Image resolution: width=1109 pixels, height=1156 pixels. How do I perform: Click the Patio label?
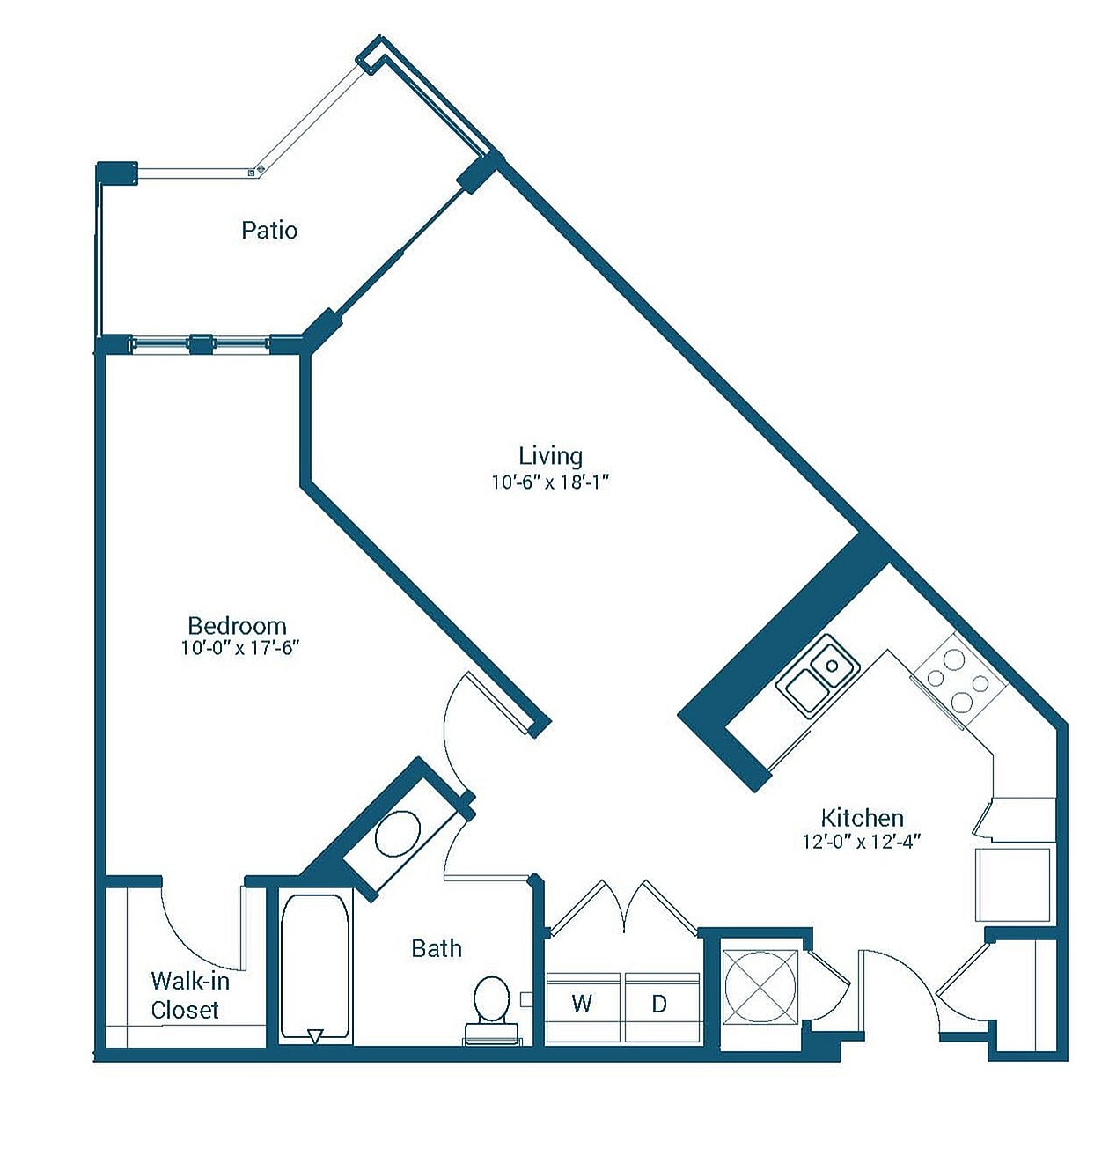coord(269,231)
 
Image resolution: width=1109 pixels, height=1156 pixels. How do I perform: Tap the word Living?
coord(550,455)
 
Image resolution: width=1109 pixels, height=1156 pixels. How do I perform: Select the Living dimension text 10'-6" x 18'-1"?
coord(550,482)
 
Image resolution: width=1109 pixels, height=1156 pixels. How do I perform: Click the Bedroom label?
coord(237,625)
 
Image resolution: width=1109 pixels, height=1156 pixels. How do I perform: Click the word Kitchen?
coord(862,817)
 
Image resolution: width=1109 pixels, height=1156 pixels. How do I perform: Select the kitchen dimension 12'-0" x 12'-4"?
coord(861,842)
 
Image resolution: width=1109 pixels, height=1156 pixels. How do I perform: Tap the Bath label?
coord(437,948)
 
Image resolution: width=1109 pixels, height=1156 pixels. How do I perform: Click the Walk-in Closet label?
coord(189,995)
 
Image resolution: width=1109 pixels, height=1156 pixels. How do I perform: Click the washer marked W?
coord(583,1005)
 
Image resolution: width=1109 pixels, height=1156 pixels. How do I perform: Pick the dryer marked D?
coord(660,1005)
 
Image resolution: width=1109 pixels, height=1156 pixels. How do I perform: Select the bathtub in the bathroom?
coord(315,968)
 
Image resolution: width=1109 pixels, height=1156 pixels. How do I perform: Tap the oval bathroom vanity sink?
coord(397,834)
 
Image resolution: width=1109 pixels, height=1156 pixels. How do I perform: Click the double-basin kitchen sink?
coord(818,676)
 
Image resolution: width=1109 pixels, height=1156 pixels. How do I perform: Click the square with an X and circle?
coord(760,987)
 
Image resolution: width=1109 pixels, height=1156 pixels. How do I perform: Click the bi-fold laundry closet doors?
coord(623,907)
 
